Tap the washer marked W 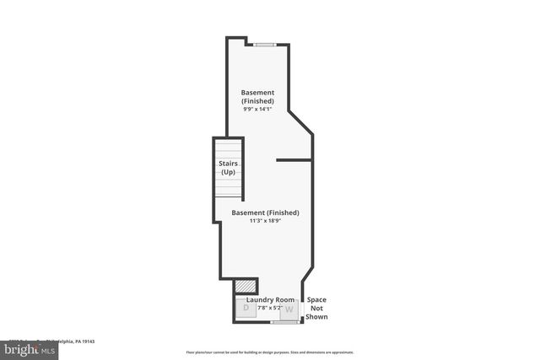pos(289,309)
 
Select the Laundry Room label pos(270,299)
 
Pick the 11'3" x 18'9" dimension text pos(265,222)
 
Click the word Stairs pos(228,163)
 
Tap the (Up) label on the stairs pos(228,172)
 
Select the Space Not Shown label pos(316,308)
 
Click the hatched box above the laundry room pos(244,286)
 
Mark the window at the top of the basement pos(264,44)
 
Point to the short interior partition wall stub pos(294,159)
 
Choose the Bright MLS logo pos(26,347)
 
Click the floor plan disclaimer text pos(270,352)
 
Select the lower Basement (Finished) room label pos(265,212)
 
